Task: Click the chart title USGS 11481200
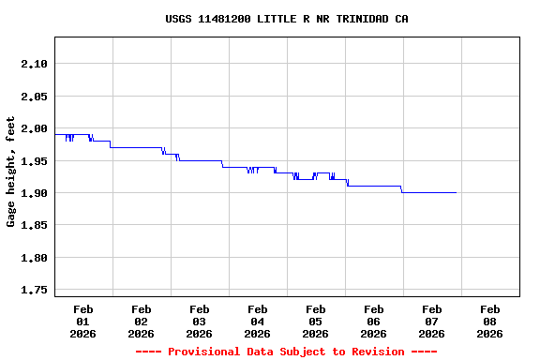coord(286,19)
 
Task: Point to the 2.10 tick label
coord(33,64)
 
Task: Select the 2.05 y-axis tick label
coord(33,96)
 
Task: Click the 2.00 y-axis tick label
coord(33,128)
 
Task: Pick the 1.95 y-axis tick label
coord(33,160)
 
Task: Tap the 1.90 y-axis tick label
coord(33,193)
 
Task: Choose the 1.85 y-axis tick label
coord(33,225)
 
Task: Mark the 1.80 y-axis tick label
coord(33,258)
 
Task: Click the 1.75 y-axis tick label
coord(33,290)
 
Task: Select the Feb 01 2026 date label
coord(82,321)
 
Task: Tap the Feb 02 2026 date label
coord(141,321)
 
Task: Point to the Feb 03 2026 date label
coord(199,321)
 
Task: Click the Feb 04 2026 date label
coord(257,321)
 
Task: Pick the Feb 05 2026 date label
coord(315,321)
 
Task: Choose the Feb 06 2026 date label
coord(373,321)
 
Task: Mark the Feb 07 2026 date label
coord(431,321)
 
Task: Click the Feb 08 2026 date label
coord(489,321)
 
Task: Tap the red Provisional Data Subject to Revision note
coord(286,352)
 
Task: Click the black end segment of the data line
coord(429,192)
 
